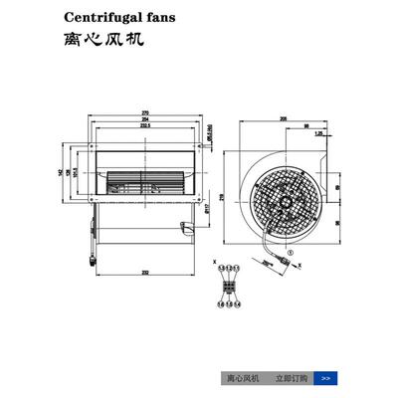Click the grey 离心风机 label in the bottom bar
click(243, 378)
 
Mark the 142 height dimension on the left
click(61, 171)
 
